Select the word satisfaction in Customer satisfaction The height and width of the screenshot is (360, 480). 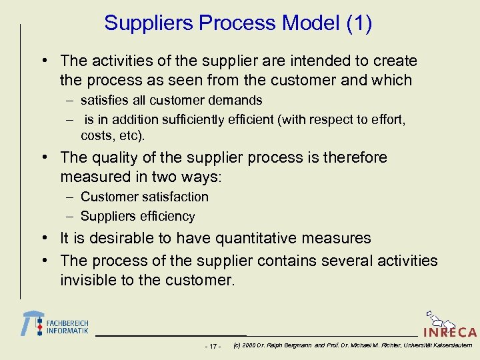click(x=177, y=197)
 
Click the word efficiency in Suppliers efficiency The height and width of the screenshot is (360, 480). click(x=166, y=217)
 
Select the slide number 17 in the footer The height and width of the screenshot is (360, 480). click(x=213, y=346)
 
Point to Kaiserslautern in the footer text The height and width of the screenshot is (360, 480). click(x=450, y=345)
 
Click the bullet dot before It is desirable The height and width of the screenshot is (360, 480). click(x=43, y=239)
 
